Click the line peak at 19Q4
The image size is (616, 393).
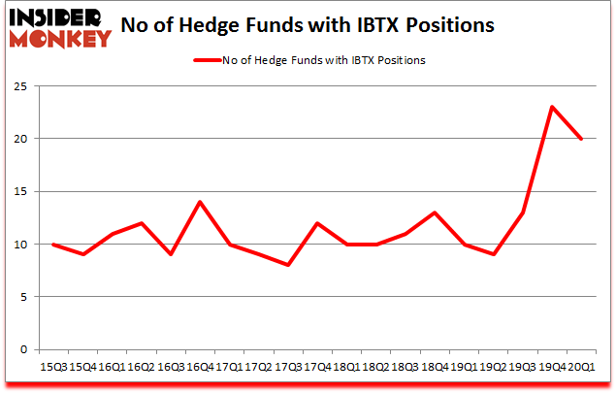(552, 107)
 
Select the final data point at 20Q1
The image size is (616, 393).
(582, 139)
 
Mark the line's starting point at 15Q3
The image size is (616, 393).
(53, 244)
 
